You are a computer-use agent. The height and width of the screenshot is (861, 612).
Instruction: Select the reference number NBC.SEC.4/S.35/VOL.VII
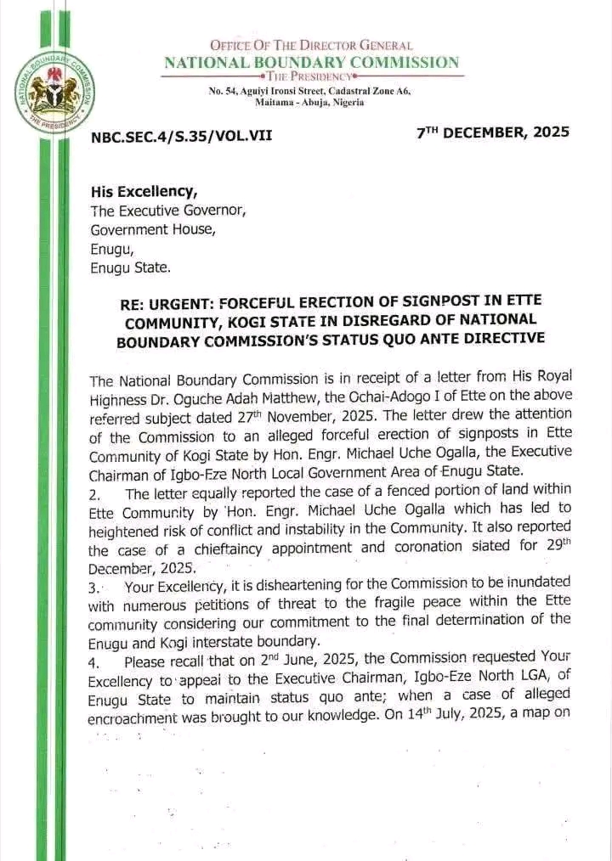pos(181,133)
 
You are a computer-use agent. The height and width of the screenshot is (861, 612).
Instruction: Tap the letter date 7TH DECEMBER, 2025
pos(493,132)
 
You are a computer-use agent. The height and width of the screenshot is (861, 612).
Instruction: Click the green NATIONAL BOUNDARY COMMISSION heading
pos(311,62)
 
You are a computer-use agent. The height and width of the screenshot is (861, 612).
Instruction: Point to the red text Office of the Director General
pos(310,45)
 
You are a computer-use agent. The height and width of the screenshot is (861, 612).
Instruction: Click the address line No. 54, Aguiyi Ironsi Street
pos(310,91)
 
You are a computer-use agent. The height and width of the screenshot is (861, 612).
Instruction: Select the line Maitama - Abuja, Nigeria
pos(310,103)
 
